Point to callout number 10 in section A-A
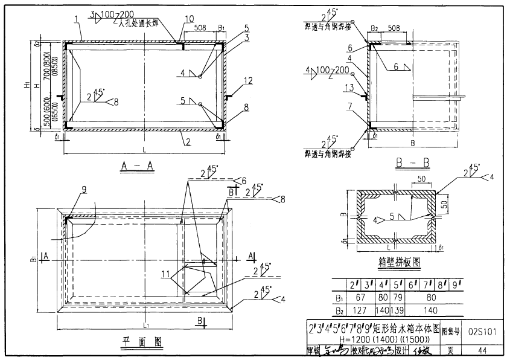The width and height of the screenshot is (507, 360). tap(190, 19)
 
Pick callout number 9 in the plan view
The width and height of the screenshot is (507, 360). tap(84, 189)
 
